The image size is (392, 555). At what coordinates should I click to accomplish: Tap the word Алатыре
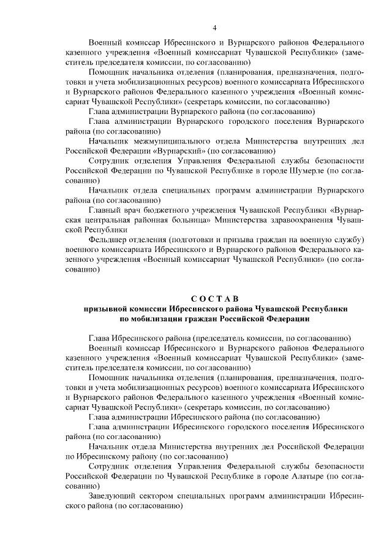tap(306, 476)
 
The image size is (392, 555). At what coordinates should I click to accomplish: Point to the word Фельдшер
tap(107, 238)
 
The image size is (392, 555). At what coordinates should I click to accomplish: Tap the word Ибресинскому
tap(100, 456)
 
